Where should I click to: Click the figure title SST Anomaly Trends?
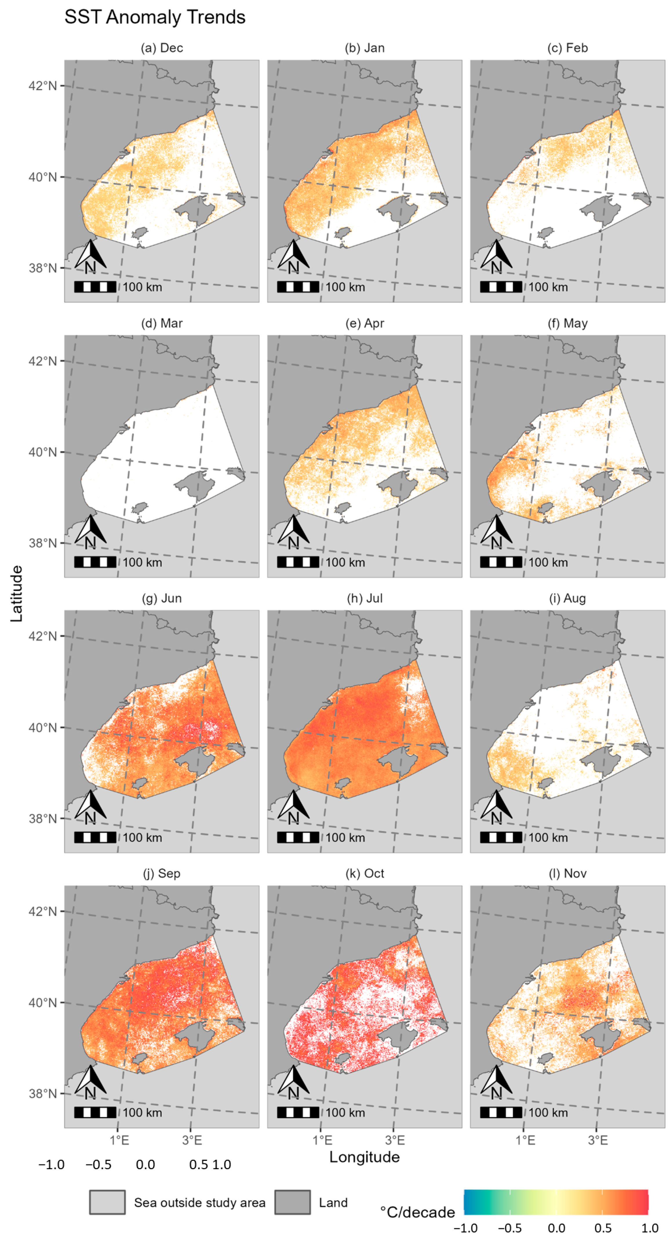(x=155, y=17)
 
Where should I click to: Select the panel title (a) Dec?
(x=162, y=48)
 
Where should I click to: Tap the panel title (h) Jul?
(x=365, y=598)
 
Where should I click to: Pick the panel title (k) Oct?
(x=365, y=874)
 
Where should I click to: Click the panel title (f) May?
(x=567, y=323)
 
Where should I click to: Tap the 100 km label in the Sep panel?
(x=142, y=1112)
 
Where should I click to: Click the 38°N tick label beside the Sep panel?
(x=42, y=1093)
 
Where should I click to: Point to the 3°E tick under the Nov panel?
(x=597, y=1140)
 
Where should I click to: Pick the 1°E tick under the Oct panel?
(x=322, y=1140)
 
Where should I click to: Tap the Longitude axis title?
(x=364, y=1157)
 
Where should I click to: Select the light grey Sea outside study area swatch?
(x=107, y=1202)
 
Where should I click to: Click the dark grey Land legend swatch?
(x=292, y=1202)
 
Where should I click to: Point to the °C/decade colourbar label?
(x=417, y=1212)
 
